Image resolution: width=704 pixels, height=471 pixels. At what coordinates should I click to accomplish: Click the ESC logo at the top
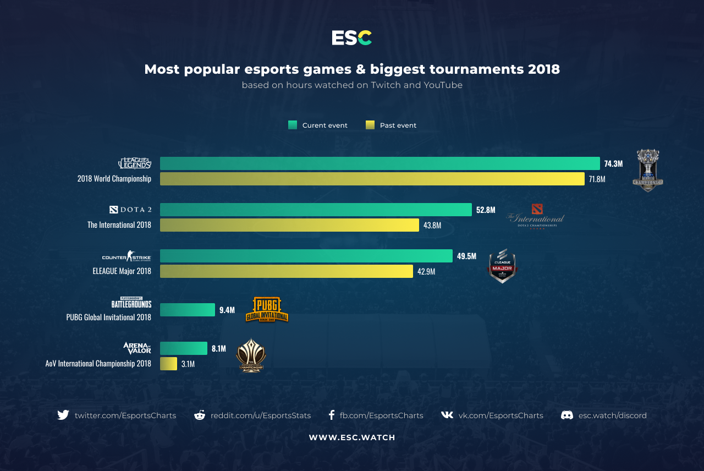pyautogui.click(x=352, y=38)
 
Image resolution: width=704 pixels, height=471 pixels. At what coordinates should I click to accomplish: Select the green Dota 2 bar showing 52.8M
pyautogui.click(x=316, y=210)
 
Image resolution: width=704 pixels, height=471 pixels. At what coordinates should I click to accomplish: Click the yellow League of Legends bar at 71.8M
pyautogui.click(x=372, y=179)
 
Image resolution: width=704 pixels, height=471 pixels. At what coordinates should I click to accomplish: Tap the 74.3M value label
pyautogui.click(x=613, y=163)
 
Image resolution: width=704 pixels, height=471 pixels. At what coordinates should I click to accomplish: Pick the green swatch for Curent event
pyautogui.click(x=293, y=125)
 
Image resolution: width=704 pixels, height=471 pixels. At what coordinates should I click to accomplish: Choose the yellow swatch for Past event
pyautogui.click(x=370, y=125)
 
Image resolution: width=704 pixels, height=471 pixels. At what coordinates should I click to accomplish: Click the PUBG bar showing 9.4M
pyautogui.click(x=188, y=310)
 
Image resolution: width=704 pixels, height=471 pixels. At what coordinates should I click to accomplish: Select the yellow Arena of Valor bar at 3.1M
pyautogui.click(x=168, y=364)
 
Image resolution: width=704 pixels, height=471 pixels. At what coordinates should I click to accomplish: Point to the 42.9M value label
pyautogui.click(x=426, y=271)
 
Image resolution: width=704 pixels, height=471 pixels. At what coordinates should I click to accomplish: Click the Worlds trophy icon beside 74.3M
pyautogui.click(x=647, y=171)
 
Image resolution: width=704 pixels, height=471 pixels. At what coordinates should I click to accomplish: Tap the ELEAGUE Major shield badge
pyautogui.click(x=502, y=266)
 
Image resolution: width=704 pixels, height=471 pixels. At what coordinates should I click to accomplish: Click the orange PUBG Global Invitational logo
pyautogui.click(x=267, y=310)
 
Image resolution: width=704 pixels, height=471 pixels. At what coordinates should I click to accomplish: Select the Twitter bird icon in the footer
pyautogui.click(x=63, y=415)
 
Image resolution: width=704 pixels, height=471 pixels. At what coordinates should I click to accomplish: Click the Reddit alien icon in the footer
pyautogui.click(x=200, y=415)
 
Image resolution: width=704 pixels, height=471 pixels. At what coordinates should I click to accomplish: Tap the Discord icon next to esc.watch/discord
pyautogui.click(x=567, y=415)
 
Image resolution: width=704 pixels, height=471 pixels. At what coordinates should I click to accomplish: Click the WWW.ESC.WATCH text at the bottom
pyautogui.click(x=352, y=437)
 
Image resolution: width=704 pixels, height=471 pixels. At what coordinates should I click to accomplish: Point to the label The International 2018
pyautogui.click(x=119, y=225)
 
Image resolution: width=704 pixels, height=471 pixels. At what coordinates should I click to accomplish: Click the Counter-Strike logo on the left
pyautogui.click(x=127, y=256)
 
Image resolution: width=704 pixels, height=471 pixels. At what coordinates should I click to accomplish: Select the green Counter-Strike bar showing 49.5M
pyautogui.click(x=306, y=256)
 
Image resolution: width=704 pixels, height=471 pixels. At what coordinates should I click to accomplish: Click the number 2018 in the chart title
pyautogui.click(x=543, y=69)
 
